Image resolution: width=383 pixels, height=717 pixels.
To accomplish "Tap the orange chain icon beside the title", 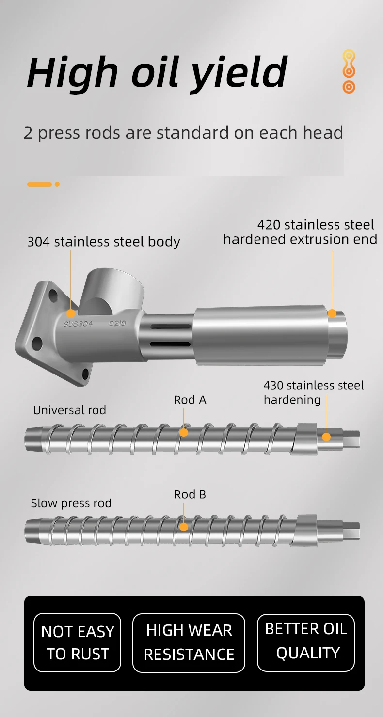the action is coord(349,72).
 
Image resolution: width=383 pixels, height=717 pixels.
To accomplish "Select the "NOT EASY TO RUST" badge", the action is coord(78,642).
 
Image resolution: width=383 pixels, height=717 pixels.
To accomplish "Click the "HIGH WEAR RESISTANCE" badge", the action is coord(189,642).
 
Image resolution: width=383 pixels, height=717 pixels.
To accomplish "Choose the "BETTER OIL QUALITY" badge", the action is coord(306,642).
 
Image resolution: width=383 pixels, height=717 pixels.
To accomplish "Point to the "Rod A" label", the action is coord(190,400).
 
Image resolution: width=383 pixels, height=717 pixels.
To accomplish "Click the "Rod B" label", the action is coord(190,494).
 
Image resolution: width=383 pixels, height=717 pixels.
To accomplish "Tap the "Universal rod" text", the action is coord(69,410).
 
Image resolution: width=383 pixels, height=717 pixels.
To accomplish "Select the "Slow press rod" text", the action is coord(71,503).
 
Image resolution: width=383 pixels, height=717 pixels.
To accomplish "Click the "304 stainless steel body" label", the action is coord(103,242).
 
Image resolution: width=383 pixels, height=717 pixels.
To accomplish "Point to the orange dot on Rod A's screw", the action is coord(183,432).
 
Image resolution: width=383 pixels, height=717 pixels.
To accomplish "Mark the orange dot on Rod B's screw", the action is coord(183,527).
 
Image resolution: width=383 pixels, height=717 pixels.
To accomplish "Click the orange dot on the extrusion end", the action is coord(332,313).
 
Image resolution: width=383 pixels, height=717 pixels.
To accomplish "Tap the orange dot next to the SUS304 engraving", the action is coord(71,313).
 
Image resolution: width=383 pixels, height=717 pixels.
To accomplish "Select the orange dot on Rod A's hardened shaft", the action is coord(326,436).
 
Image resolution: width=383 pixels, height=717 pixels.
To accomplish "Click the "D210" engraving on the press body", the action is coord(117,324).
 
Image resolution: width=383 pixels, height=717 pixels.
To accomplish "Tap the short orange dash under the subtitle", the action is coord(40,184).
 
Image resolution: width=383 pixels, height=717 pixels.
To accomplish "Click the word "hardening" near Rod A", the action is coord(292,400).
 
